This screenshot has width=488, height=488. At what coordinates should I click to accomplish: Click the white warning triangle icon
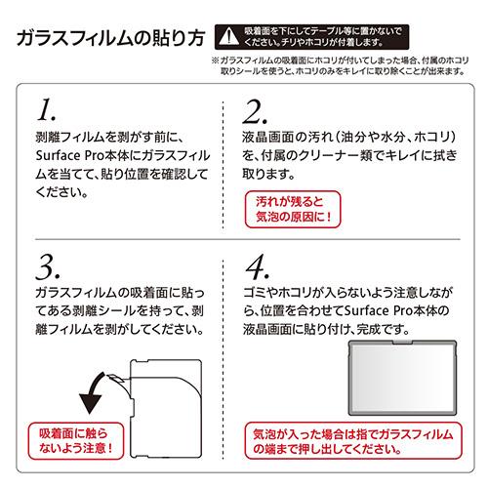point(229,36)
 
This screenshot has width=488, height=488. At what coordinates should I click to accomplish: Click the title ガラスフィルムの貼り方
point(110,38)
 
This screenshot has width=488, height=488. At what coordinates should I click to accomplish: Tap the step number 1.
point(46,109)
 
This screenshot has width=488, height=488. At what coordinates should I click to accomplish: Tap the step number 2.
point(255,111)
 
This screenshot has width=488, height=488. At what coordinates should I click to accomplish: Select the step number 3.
point(48,267)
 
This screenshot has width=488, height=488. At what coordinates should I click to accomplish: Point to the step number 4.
point(258,266)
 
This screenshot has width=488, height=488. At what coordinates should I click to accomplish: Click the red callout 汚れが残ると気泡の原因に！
point(293,209)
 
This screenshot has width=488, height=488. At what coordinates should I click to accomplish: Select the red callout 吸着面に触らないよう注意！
point(76,441)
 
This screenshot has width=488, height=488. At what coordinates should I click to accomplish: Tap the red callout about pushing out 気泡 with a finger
point(353,441)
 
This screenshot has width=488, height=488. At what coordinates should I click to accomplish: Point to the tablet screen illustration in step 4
point(402,378)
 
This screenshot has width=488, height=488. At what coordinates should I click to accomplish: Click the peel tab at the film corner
point(115,379)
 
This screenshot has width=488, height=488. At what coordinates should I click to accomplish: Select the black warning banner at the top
point(311,37)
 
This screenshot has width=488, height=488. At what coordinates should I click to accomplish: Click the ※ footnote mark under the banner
point(216,61)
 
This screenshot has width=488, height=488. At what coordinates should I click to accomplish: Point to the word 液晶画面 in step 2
point(267,137)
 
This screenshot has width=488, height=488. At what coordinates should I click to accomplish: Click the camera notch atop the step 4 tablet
point(402,342)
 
